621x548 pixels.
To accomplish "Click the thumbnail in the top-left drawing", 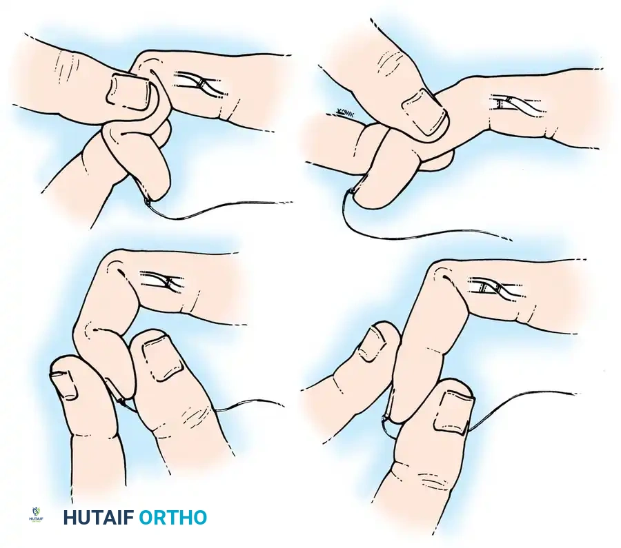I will pos(130,92).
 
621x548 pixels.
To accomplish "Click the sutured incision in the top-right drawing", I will pos(513,104).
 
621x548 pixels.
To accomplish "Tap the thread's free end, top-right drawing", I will pos(511,240).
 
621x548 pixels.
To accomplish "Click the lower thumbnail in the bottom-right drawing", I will pos(453,408).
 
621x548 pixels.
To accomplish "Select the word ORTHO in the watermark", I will pos(172,518).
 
